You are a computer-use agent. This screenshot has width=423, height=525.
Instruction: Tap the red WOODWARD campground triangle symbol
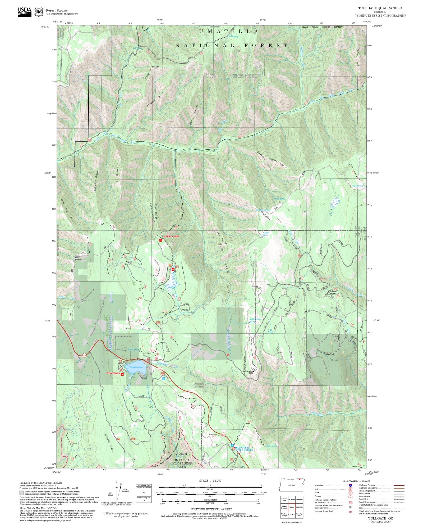click(122, 375)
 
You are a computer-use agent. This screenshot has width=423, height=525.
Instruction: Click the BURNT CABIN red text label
click(171, 236)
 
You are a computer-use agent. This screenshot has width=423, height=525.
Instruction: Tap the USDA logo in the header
click(24, 12)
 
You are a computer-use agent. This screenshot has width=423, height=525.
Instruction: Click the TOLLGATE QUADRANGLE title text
click(380, 8)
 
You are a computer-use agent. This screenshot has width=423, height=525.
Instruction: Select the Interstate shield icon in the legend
click(350, 485)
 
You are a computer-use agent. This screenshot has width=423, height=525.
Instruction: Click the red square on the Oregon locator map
click(300, 479)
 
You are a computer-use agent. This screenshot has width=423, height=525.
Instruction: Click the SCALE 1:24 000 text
click(210, 481)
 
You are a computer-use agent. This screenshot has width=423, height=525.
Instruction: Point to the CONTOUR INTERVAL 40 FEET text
click(211, 509)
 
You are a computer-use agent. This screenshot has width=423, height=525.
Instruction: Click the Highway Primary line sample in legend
click(399, 485)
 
